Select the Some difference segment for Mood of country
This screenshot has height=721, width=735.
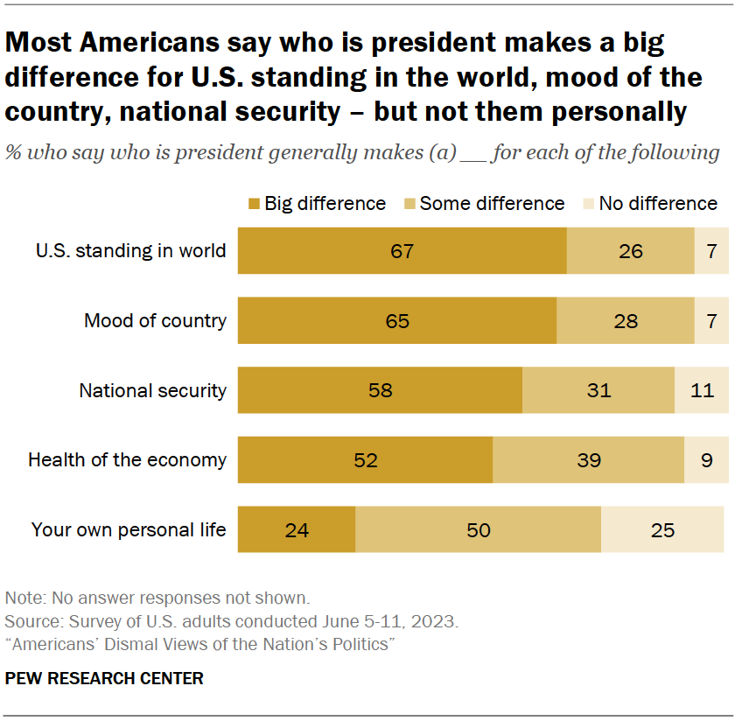tap(625, 320)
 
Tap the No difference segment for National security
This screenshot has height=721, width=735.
tap(701, 390)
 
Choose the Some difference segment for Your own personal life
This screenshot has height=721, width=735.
tap(478, 529)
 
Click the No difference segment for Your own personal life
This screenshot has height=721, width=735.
tap(662, 529)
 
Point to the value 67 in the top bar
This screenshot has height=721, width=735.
tap(402, 251)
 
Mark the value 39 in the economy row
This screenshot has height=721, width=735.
tap(589, 459)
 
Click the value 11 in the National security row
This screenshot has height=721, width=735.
tap(702, 390)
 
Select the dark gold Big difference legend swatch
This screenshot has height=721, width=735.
tap(254, 204)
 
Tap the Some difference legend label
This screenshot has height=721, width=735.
tap(492, 204)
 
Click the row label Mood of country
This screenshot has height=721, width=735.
tap(155, 320)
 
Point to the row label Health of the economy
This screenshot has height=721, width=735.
tap(127, 459)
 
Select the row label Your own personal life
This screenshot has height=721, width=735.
tap(129, 529)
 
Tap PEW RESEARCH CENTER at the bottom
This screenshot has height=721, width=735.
tap(104, 678)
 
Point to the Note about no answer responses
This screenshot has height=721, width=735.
tap(157, 599)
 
